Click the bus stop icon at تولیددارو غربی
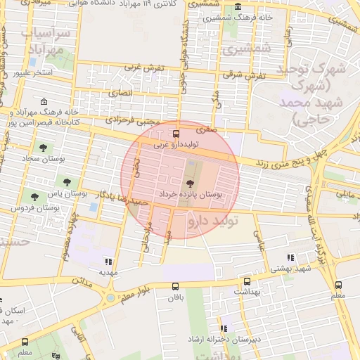tap(176, 134)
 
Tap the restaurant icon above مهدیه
tap(108, 260)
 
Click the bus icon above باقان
tap(175, 286)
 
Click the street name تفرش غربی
tap(144, 67)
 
